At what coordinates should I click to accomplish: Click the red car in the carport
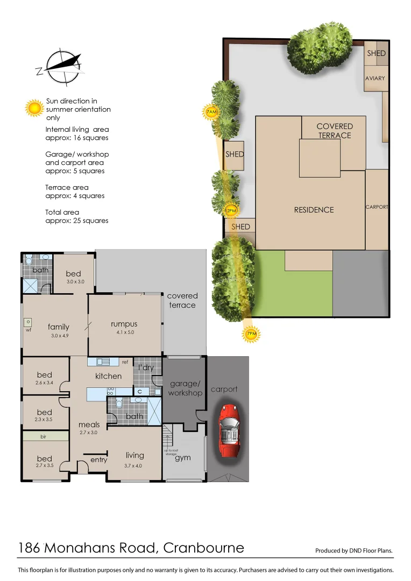click(x=228, y=430)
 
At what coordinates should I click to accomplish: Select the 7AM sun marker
click(x=211, y=112)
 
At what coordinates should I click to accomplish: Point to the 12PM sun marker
click(x=230, y=211)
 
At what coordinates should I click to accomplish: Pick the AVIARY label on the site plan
click(x=375, y=79)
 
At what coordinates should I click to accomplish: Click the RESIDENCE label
click(x=314, y=210)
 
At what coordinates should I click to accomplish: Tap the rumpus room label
click(x=124, y=324)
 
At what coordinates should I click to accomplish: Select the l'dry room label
click(x=146, y=367)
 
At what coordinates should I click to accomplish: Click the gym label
click(x=183, y=458)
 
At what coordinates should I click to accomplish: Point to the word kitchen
click(x=109, y=376)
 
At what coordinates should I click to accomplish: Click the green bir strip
click(x=45, y=437)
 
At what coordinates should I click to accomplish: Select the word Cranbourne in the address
click(x=203, y=548)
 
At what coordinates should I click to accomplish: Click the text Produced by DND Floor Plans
click(x=353, y=550)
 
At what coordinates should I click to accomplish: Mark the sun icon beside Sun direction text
click(x=35, y=108)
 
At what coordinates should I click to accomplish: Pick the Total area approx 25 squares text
click(x=76, y=216)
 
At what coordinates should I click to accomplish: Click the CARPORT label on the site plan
click(x=377, y=207)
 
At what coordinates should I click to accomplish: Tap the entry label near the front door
click(x=99, y=460)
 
